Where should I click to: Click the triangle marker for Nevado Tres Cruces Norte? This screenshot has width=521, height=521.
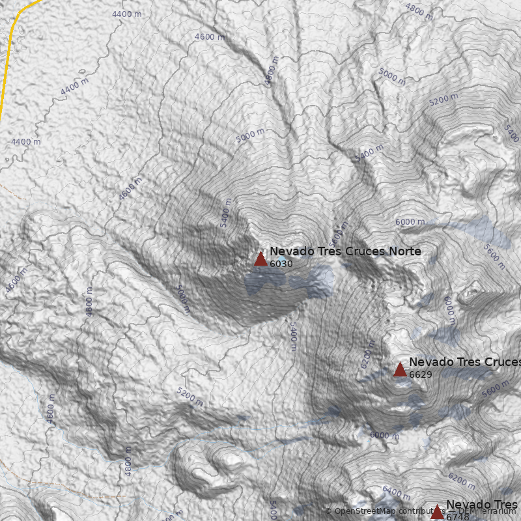260,259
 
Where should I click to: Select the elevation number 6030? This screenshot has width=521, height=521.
281,264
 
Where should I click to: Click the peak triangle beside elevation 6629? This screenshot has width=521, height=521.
400,370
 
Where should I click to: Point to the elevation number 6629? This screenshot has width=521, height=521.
421,374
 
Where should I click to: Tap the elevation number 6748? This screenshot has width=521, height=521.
457,517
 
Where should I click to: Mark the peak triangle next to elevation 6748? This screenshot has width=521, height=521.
437,513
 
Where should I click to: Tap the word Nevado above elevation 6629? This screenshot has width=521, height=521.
428,362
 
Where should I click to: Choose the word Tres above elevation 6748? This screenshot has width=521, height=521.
505,505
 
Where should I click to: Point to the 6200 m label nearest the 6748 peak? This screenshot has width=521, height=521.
462,481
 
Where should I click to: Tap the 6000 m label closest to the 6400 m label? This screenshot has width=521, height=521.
384,435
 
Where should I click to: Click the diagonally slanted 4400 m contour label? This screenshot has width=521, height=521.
74,86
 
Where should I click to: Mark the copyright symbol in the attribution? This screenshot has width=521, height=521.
328,511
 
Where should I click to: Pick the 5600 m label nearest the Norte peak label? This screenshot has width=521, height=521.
337,232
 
